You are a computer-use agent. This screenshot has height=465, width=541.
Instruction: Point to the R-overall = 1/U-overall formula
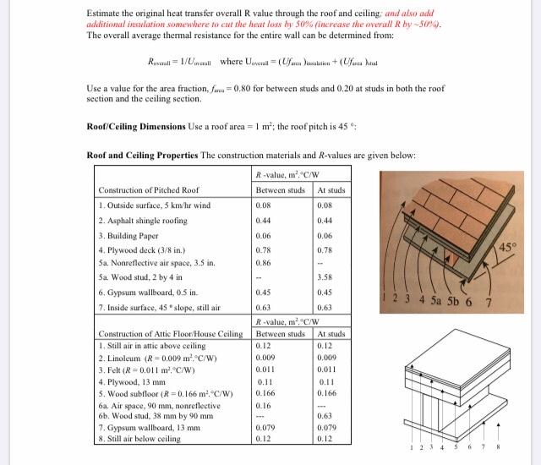(x=179, y=61)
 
